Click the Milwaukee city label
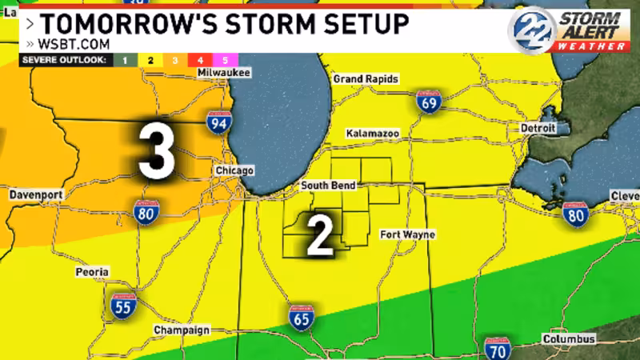[224, 74]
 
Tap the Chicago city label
[234, 171]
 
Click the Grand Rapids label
[366, 79]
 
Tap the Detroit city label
[538, 128]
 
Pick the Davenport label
[36, 195]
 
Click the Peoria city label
[92, 273]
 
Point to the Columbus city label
[569, 340]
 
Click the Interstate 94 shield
[218, 122]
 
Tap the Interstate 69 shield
[430, 102]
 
